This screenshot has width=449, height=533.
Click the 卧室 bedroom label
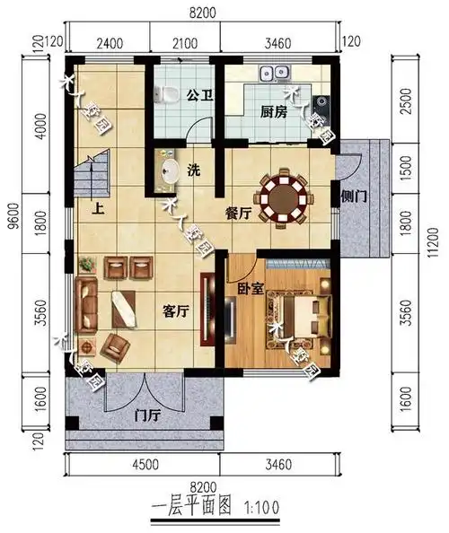click(x=250, y=290)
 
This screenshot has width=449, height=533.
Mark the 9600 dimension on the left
click(x=12, y=240)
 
